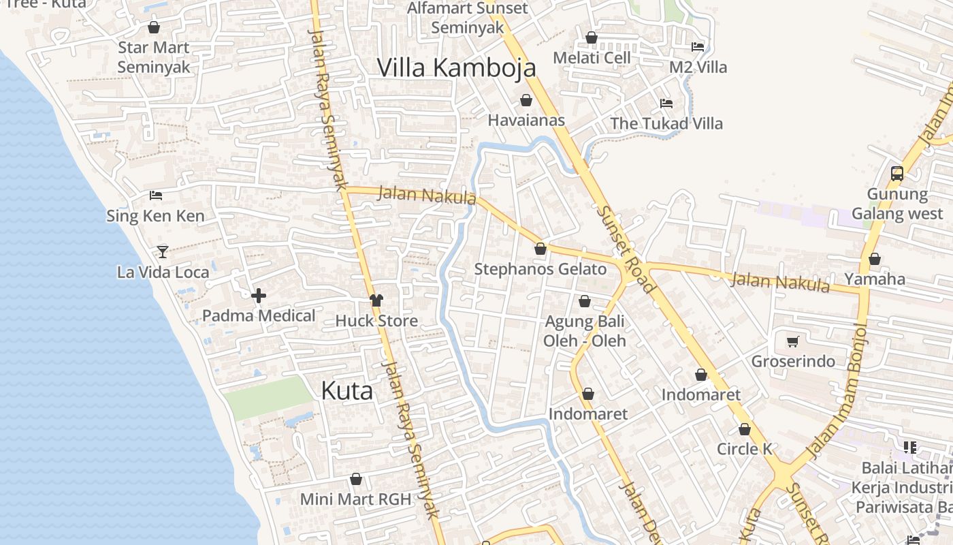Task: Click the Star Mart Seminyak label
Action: [x=153, y=57]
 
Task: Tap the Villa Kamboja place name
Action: [x=456, y=67]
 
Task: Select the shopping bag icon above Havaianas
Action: [x=526, y=101]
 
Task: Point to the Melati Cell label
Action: [x=592, y=58]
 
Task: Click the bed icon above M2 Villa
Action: [x=698, y=47]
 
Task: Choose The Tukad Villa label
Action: [x=666, y=123]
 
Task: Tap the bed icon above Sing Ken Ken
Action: [x=156, y=196]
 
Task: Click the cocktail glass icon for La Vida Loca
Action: [x=162, y=252]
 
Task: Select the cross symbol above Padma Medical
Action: [x=259, y=296]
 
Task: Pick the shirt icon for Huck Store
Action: [x=376, y=300]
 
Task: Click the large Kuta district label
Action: [x=346, y=390]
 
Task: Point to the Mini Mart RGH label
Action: [x=355, y=499]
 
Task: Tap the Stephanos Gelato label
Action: [x=540, y=269]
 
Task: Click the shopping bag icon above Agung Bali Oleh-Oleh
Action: [x=584, y=301]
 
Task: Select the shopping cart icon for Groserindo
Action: [x=792, y=341]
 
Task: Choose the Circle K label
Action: [x=744, y=449]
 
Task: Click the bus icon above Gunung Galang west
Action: [x=897, y=174]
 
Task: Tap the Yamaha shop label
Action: [x=875, y=279]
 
